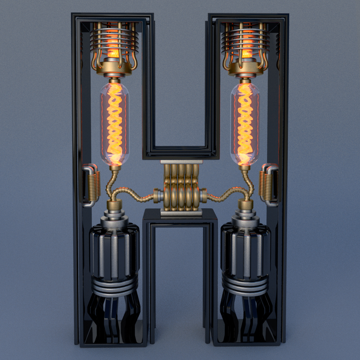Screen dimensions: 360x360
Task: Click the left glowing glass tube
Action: click(x=114, y=124)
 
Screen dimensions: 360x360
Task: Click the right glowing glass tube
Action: click(x=245, y=124)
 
